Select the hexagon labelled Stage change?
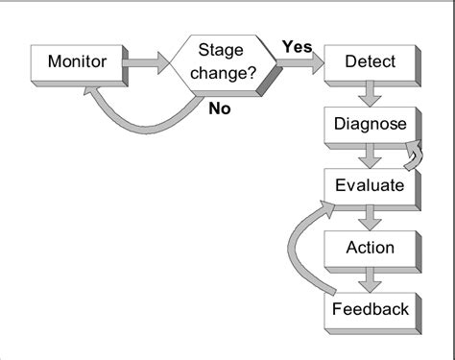[224, 62]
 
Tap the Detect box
[370, 63]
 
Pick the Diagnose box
[370, 124]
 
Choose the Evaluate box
[370, 184]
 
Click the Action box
[370, 247]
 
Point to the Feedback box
[370, 308]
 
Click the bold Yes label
[296, 46]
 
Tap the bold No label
[221, 108]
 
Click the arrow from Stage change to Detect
[299, 64]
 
